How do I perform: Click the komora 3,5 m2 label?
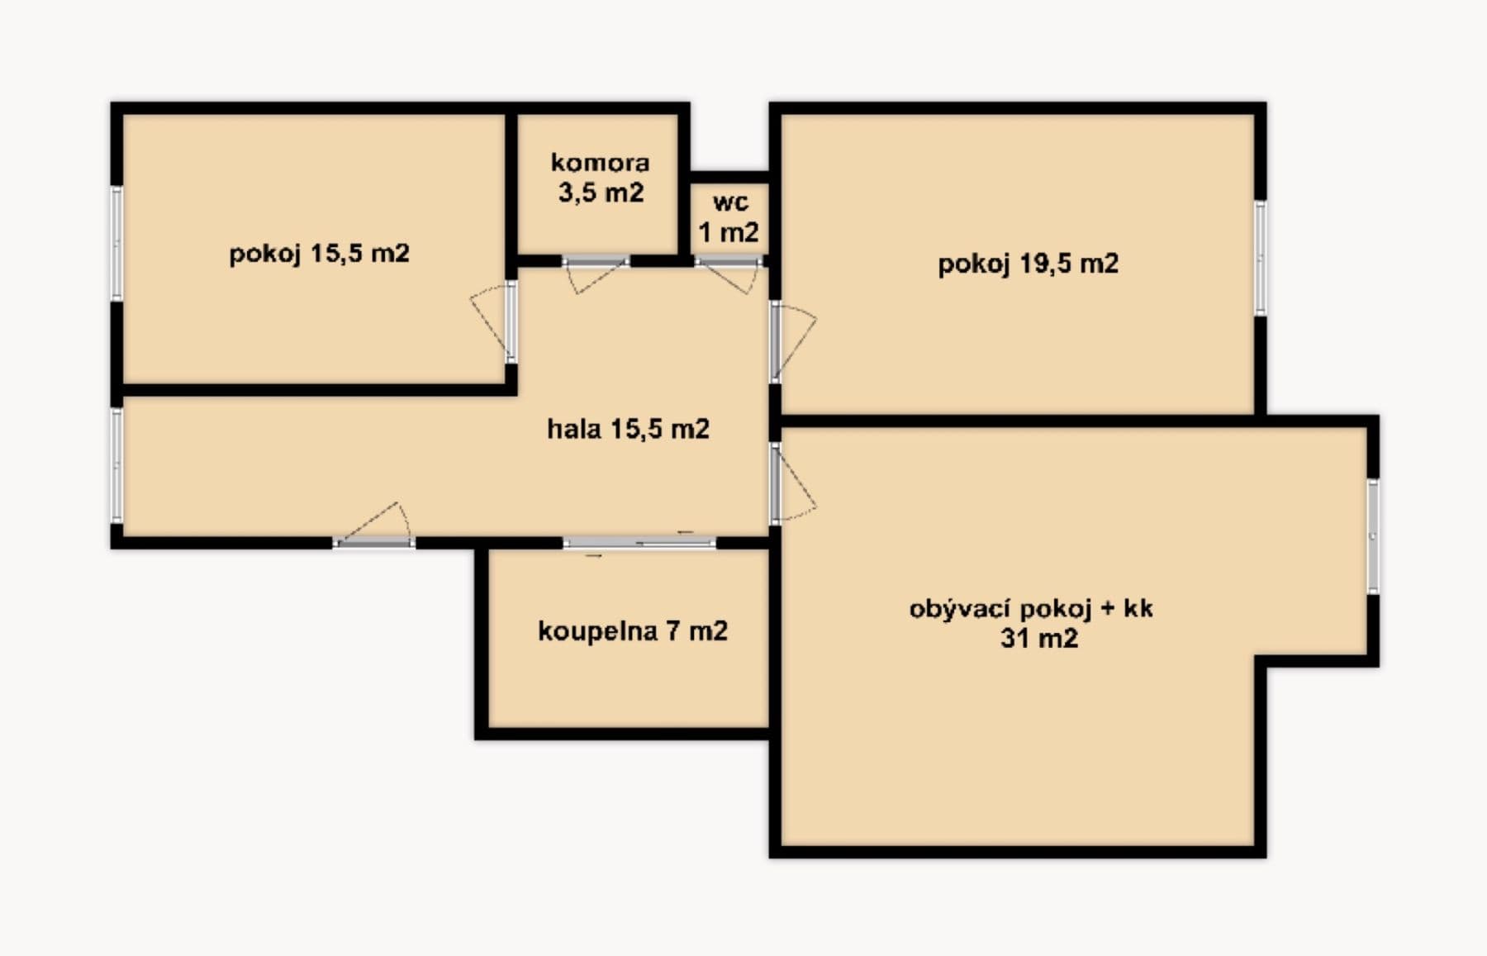600,178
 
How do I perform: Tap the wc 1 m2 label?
729,217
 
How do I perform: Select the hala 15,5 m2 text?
628,429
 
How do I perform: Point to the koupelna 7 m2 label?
632,631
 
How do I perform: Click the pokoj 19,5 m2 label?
1028,264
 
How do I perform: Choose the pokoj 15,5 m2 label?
319,253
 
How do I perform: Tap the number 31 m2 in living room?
1038,639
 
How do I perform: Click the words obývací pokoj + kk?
1031,609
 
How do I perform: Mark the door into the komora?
596,262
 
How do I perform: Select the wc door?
727,263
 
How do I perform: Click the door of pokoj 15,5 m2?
511,321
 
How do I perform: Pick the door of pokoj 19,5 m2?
777,341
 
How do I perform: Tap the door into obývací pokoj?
777,483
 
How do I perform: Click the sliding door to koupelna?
640,543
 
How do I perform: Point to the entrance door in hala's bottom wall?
374,542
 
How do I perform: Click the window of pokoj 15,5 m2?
116,243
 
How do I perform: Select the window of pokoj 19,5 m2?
1260,258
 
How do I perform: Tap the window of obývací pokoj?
1372,536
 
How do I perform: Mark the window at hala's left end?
116,465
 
